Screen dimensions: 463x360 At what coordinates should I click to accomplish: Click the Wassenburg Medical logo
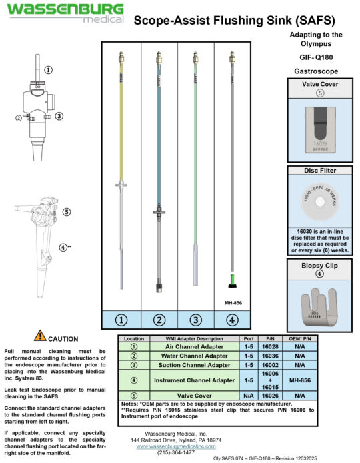(x=65, y=13)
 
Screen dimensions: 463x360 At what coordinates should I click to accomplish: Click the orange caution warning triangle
(x=41, y=338)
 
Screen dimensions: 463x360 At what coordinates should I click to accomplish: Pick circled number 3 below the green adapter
(x=195, y=320)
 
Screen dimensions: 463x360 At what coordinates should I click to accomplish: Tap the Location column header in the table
(x=134, y=338)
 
